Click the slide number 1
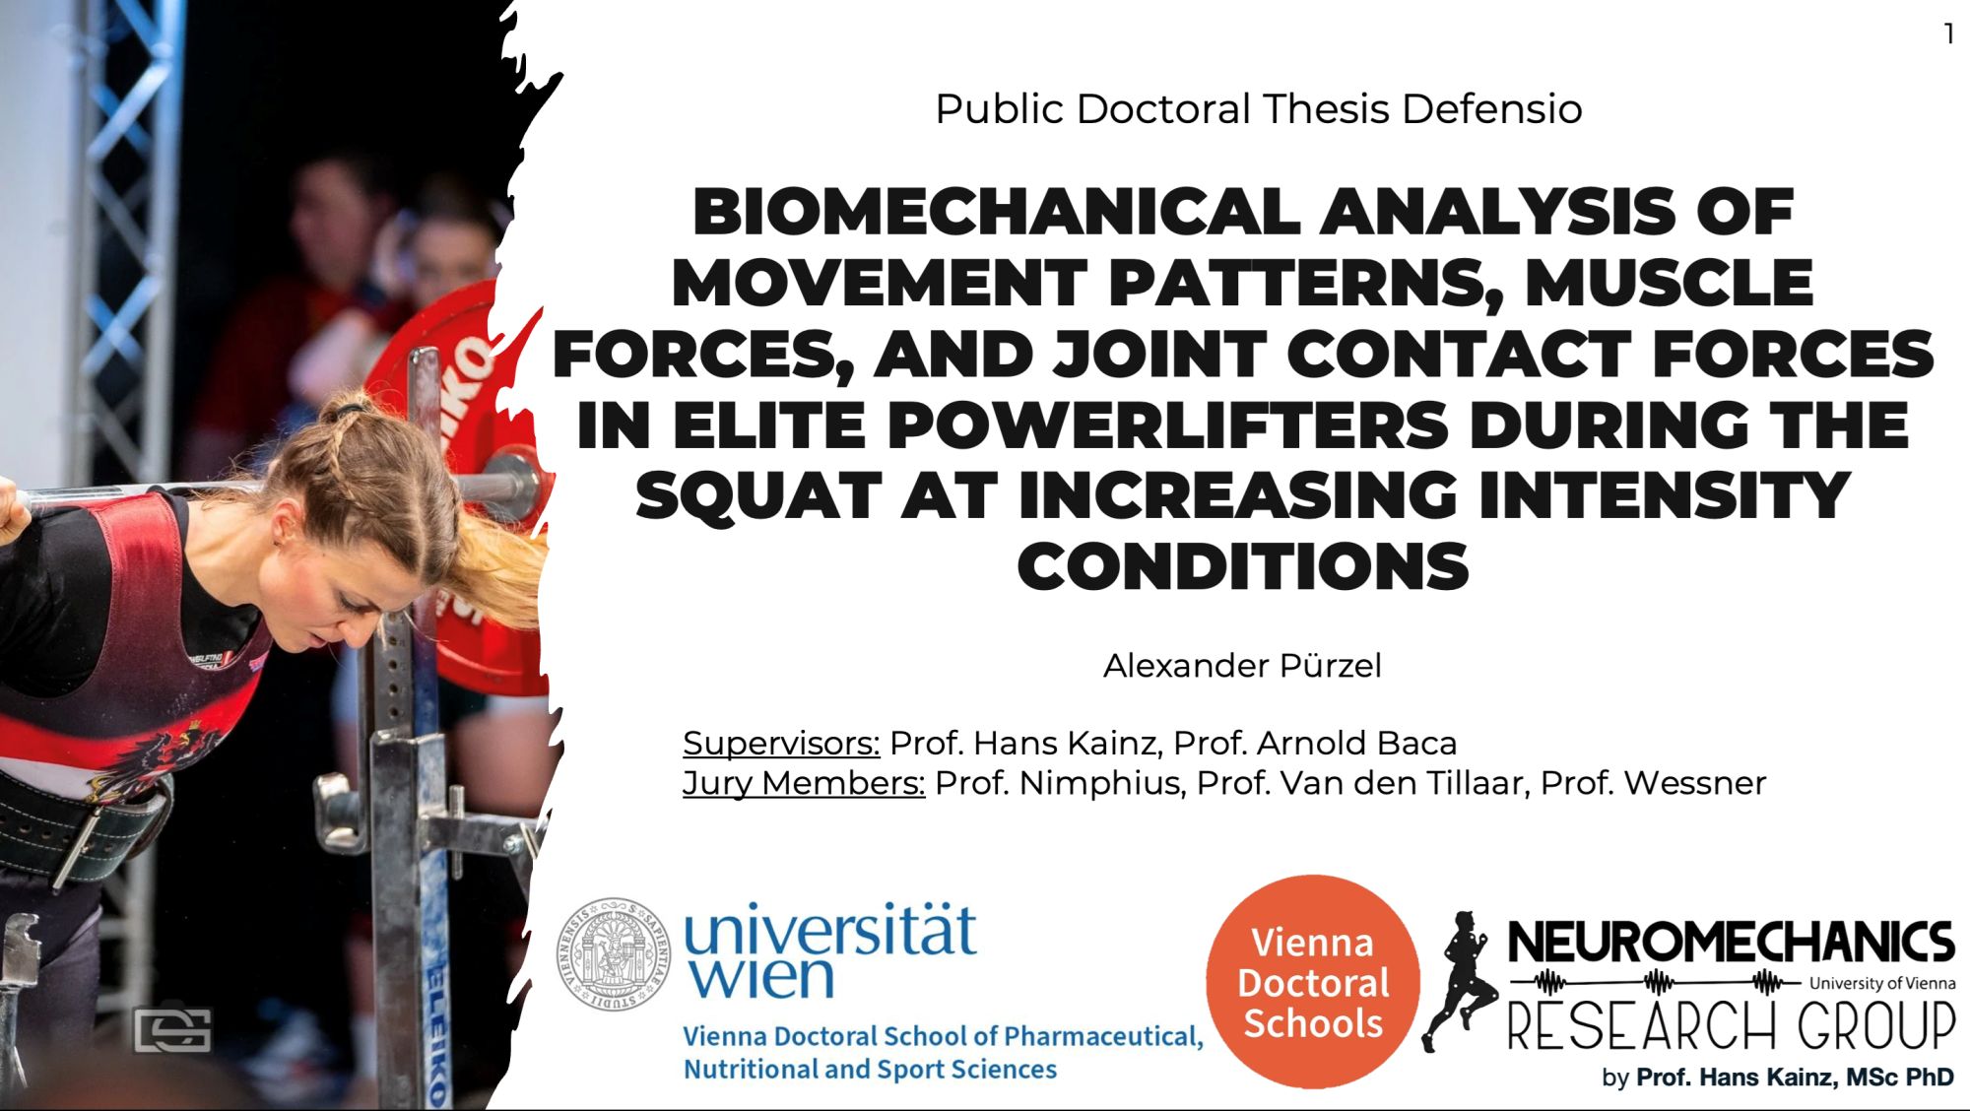[1948, 34]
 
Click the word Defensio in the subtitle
[1492, 109]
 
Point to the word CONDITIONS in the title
[1243, 567]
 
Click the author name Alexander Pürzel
[1242, 666]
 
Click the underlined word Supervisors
[781, 744]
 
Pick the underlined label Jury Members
[804, 784]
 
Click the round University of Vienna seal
[614, 953]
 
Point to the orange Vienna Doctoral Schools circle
[1313, 982]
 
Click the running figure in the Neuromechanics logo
[1461, 981]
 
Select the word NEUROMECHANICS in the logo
[1731, 943]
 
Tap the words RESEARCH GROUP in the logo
[1731, 1025]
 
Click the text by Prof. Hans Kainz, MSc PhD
[1778, 1078]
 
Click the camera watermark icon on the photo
[172, 1030]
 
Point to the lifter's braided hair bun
[347, 412]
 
